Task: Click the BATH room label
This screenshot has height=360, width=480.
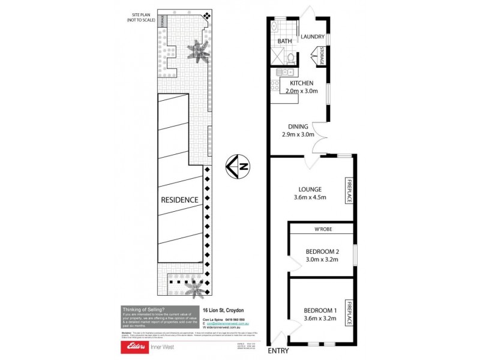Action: pos(284,41)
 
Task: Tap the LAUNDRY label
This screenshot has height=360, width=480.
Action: pos(313,36)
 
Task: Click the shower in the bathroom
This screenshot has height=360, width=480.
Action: pos(278,58)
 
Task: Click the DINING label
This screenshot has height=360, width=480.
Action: pos(298,127)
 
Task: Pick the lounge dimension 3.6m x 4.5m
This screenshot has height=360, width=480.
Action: pos(310,198)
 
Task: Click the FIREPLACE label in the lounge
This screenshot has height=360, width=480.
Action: pos(347,190)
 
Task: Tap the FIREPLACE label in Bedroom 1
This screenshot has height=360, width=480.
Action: pos(347,312)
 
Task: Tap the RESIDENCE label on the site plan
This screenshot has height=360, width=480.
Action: pos(179,199)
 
